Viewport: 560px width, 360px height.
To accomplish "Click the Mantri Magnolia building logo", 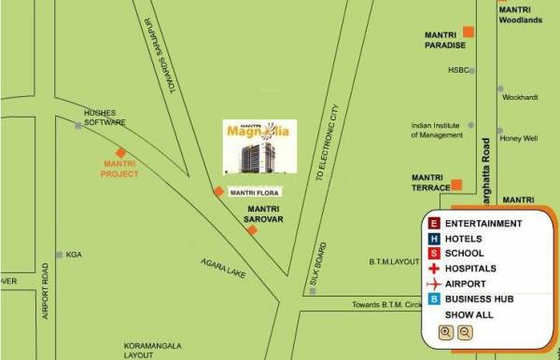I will (x=259, y=145).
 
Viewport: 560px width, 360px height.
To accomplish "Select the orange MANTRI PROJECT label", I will (x=120, y=168).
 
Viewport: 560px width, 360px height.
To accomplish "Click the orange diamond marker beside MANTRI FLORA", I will (x=217, y=191).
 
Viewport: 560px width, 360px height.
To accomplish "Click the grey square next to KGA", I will (x=59, y=254).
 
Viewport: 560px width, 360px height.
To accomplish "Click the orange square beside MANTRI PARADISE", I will (x=469, y=33).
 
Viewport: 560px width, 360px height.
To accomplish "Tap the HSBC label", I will (x=457, y=70).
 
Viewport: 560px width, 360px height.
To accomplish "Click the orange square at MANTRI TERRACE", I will (x=456, y=185).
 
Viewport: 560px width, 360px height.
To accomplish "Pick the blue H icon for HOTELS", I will (x=433, y=239).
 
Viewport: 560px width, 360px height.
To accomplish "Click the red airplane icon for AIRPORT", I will (x=433, y=284).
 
